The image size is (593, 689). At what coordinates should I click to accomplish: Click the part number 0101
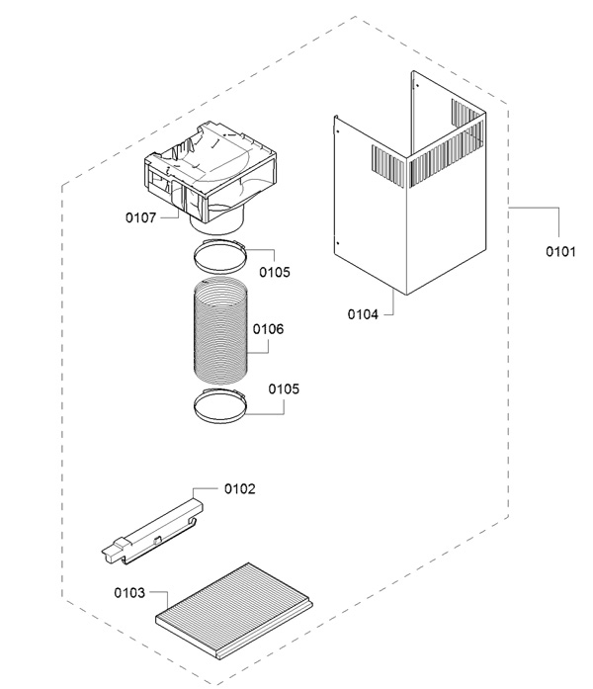pyautogui.click(x=560, y=251)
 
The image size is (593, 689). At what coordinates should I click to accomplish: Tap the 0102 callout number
pyautogui.click(x=240, y=488)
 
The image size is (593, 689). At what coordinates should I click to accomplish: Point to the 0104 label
pyautogui.click(x=363, y=314)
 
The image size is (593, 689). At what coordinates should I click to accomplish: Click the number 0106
pyautogui.click(x=268, y=329)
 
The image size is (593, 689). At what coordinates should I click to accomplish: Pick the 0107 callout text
pyautogui.click(x=140, y=217)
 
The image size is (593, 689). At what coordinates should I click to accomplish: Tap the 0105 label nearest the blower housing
pyautogui.click(x=275, y=272)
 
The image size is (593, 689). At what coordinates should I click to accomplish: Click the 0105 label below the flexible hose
pyautogui.click(x=283, y=388)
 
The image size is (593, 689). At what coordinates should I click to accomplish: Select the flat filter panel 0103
pyautogui.click(x=234, y=605)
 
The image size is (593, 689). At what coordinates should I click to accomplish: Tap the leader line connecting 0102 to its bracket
pyautogui.click(x=203, y=488)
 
